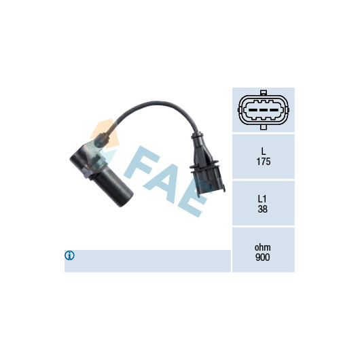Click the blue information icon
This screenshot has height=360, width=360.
pos(69,255)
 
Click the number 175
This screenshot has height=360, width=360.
pos(264,162)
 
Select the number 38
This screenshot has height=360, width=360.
pos(263,209)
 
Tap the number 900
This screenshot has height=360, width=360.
pos(263,257)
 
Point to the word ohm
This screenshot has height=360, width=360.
pos(263,247)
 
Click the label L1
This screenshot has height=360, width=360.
pos(262,199)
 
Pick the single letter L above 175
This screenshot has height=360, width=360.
pos(264,151)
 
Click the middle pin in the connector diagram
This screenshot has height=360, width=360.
pos(264,110)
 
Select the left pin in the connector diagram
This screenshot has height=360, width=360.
pos(253,110)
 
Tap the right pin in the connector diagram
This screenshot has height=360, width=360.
pos(274,110)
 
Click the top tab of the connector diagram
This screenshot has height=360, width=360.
pos(264,92)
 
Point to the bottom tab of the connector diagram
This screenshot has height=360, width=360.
pos(264,127)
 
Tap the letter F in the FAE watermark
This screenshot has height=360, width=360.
pos(142,162)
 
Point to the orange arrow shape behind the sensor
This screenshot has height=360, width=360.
pos(105,132)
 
